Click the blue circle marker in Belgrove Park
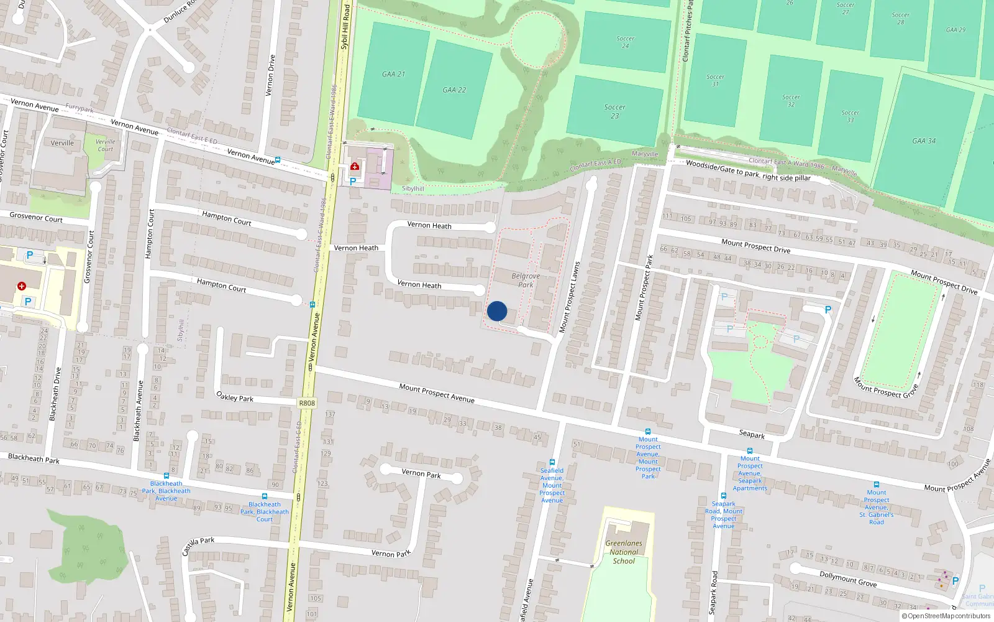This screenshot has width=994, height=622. (497, 311)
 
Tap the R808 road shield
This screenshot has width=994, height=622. (307, 403)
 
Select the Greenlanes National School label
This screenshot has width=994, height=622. (624, 552)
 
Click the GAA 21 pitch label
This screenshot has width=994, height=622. (393, 74)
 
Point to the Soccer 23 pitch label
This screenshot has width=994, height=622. (614, 111)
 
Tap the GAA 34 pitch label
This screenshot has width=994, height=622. (924, 141)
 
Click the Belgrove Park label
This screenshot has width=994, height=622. (526, 281)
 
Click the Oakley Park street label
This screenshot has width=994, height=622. (235, 396)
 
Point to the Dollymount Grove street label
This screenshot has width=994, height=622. (847, 578)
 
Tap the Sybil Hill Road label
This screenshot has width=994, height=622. (345, 27)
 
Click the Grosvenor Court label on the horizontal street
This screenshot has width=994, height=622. (36, 218)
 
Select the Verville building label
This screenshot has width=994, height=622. (62, 143)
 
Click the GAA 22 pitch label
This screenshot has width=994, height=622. (454, 90)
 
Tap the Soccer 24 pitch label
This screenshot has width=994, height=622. (625, 42)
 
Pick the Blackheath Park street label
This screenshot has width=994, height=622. (34, 458)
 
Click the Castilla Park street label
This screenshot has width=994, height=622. (198, 546)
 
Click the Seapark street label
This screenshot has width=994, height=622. (752, 434)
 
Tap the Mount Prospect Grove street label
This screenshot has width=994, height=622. (885, 388)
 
